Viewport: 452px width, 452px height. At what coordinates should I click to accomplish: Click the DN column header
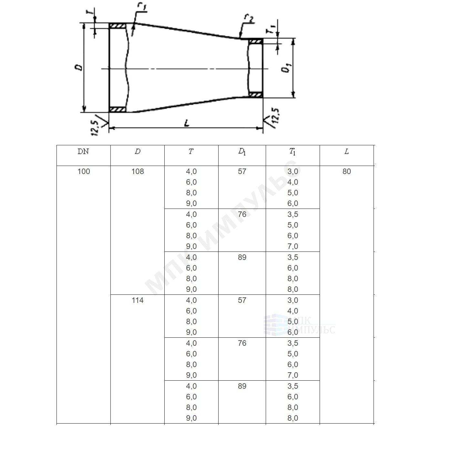(x=83, y=151)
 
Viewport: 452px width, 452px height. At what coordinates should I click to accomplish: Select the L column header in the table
(x=346, y=151)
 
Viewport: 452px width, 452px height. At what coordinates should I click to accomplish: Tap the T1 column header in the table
(x=293, y=152)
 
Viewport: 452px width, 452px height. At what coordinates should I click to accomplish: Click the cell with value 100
(x=84, y=171)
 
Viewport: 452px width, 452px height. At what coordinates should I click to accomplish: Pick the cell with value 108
(x=138, y=171)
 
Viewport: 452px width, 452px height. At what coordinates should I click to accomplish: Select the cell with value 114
(x=138, y=300)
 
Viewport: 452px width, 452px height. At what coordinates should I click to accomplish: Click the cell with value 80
(x=346, y=171)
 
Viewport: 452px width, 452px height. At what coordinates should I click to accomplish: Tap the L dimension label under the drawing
(x=187, y=123)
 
